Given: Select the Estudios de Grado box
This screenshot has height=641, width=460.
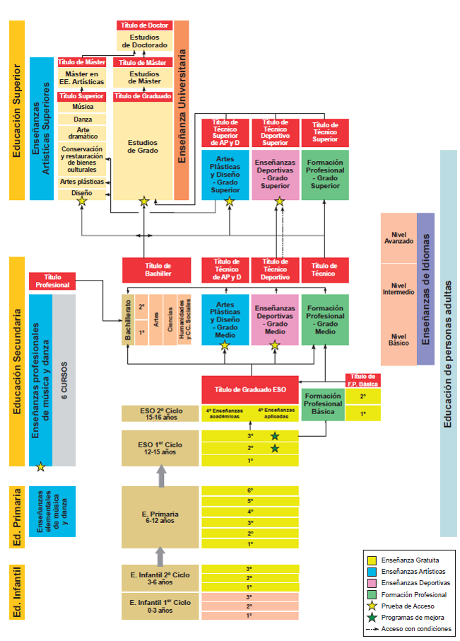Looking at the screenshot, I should (143, 146).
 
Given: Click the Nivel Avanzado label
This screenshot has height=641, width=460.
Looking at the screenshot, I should (399, 236).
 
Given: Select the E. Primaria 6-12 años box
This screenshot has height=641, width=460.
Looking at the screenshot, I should (160, 517).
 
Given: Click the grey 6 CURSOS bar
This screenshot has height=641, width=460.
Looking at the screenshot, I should (64, 380).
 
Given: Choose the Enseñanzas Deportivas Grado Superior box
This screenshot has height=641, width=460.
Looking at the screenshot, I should (276, 174).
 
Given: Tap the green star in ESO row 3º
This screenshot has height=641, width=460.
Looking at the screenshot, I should (275, 436).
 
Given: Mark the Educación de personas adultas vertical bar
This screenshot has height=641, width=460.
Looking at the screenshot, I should (448, 343).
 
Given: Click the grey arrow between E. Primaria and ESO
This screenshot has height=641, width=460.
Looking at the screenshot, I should (160, 476).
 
